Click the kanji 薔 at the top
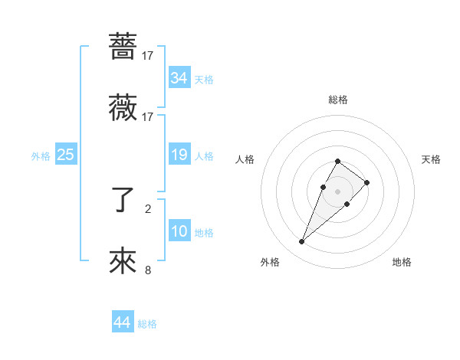click(x=123, y=47)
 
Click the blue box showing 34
click(x=179, y=78)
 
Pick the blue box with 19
click(x=179, y=155)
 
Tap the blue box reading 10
click(x=179, y=232)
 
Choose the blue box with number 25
click(x=65, y=155)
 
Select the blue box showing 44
click(x=122, y=322)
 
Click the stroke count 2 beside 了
click(x=148, y=208)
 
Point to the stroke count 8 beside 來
click(x=148, y=270)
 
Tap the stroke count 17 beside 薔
click(x=148, y=55)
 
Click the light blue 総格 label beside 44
click(x=147, y=324)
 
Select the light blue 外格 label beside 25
click(x=41, y=156)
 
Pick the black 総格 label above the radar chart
click(x=338, y=100)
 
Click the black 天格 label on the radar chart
click(x=432, y=159)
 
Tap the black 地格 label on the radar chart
click(x=402, y=262)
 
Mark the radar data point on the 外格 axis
click(x=301, y=242)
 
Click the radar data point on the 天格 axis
click(x=367, y=182)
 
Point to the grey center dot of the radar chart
click(x=337, y=191)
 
